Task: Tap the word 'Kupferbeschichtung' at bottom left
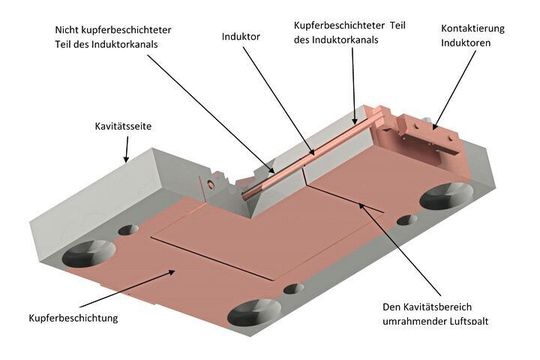(69, 318)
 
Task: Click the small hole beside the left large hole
(127, 230)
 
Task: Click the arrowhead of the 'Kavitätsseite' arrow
(124, 158)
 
